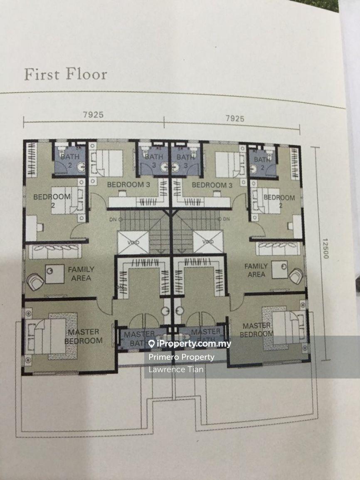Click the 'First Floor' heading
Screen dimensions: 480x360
(65, 74)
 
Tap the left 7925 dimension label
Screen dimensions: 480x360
(93, 115)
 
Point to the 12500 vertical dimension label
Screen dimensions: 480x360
(325, 248)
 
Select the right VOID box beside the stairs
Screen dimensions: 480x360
(207, 242)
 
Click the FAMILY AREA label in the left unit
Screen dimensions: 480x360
(81, 273)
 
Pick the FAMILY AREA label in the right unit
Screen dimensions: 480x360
(256, 270)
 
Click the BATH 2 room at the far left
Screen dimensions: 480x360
(69, 161)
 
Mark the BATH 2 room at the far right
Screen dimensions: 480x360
(262, 163)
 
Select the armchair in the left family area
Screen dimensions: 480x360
(35, 282)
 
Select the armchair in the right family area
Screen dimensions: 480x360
(296, 276)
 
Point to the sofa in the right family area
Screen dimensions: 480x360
(278, 248)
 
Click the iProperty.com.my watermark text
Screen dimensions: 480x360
(190, 344)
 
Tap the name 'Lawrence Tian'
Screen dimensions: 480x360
(170, 369)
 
